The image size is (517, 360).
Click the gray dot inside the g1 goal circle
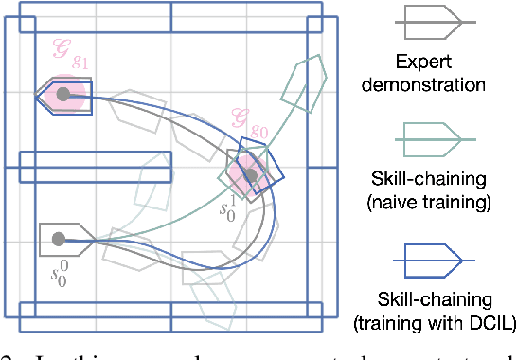63,94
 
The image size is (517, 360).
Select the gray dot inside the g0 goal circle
249,174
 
